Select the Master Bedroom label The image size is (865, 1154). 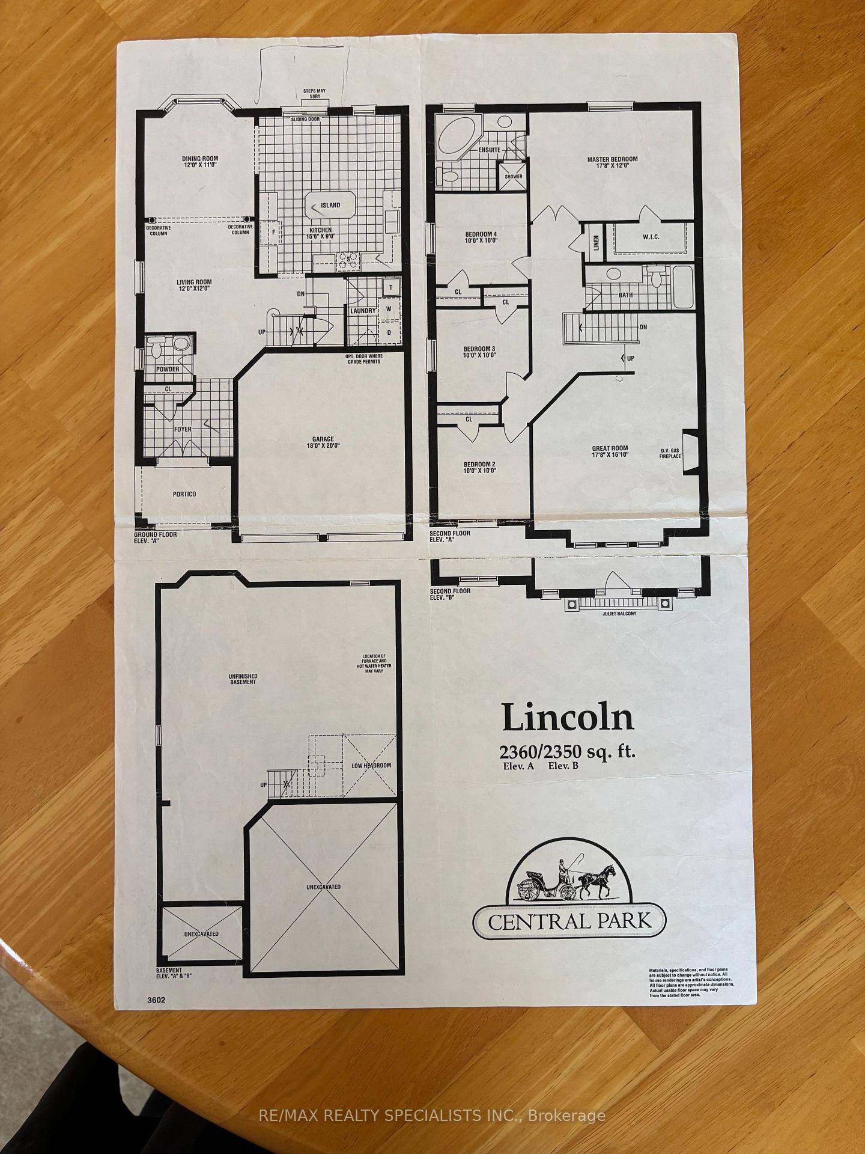click(x=612, y=163)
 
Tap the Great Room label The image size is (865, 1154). click(x=610, y=452)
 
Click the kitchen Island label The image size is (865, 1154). click(x=330, y=206)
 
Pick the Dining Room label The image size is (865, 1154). click(x=200, y=163)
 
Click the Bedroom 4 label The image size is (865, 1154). click(x=481, y=237)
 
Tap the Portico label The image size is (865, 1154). click(x=184, y=494)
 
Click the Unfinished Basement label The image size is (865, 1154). click(x=243, y=679)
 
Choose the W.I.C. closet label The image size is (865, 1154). click(x=651, y=237)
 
